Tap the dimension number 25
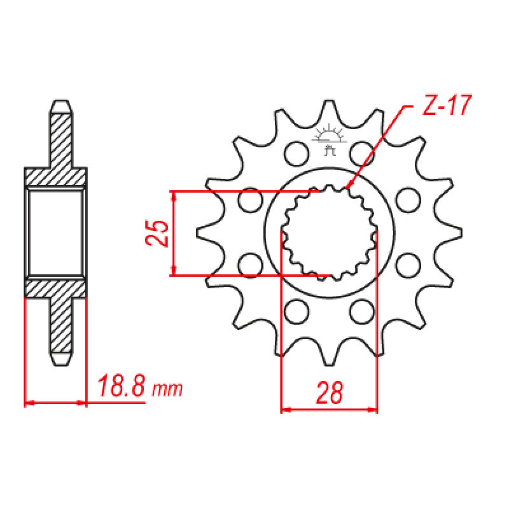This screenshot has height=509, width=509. [x=157, y=234]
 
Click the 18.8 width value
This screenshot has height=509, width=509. [x=121, y=387]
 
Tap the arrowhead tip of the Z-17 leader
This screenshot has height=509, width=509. [x=347, y=188]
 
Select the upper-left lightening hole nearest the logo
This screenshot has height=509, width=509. [x=295, y=151]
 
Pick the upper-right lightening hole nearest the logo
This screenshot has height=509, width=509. [x=361, y=151]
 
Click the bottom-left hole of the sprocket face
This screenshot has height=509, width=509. [x=295, y=312]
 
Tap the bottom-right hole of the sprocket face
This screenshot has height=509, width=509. [x=361, y=312]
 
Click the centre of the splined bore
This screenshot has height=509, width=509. [x=328, y=232]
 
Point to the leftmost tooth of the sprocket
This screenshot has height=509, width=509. [x=202, y=232]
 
